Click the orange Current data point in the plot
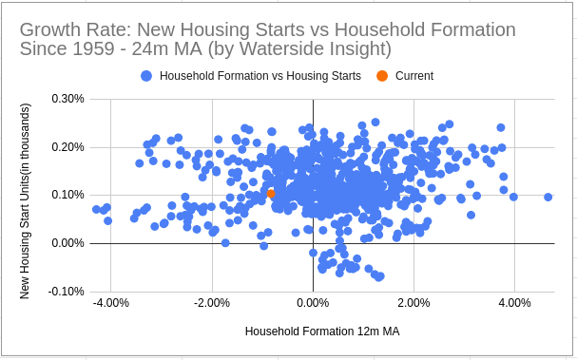271,193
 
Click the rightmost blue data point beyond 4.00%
548,197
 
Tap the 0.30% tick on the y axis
67,98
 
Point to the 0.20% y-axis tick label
67,146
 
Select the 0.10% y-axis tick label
67,195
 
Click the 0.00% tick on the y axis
67,243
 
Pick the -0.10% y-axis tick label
66,292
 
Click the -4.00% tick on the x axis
111,303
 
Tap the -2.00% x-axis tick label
212,303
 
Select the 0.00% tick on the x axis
313,303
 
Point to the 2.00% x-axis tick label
414,303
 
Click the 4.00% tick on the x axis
514,303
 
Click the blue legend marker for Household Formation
146,75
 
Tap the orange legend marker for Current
381,75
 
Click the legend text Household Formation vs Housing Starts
260,75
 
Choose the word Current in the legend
414,75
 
